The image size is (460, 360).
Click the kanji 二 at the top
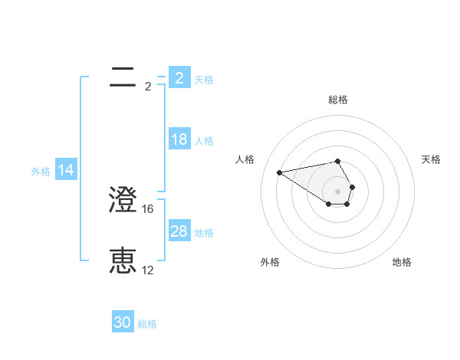pyautogui.click(x=123, y=77)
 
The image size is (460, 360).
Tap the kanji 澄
pyautogui.click(x=123, y=201)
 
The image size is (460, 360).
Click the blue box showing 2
pyautogui.click(x=179, y=78)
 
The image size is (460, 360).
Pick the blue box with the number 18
pyautogui.click(x=179, y=139)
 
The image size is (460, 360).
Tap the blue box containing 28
pyautogui.click(x=179, y=231)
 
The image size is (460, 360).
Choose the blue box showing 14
pyautogui.click(x=66, y=171)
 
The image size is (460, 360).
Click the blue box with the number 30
pyautogui.click(x=123, y=322)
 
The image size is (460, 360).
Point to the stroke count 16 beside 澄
pyautogui.click(x=149, y=208)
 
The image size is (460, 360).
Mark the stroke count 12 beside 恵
pyautogui.click(x=148, y=270)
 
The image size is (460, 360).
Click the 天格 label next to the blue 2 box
pyautogui.click(x=204, y=80)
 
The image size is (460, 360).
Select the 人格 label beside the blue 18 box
pyautogui.click(x=204, y=141)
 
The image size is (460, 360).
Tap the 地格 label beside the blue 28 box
pyautogui.click(x=204, y=233)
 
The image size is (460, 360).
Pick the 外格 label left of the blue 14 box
pyautogui.click(x=41, y=172)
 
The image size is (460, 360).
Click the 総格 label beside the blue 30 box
pyautogui.click(x=148, y=324)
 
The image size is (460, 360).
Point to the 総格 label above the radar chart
pyautogui.click(x=338, y=100)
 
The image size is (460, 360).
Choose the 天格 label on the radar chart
pyautogui.click(x=431, y=159)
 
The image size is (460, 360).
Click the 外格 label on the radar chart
pyautogui.click(x=270, y=262)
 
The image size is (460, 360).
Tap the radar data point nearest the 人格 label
pyautogui.click(x=280, y=172)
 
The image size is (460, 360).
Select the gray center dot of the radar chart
pyautogui.click(x=337, y=191)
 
